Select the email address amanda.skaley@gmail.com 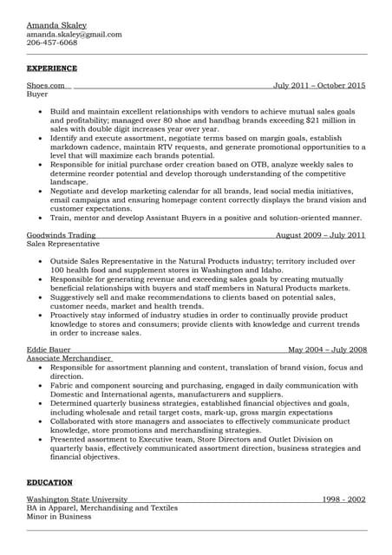click(74, 35)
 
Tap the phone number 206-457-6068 click(52, 42)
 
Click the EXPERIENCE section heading click(52, 68)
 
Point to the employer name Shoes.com click(46, 86)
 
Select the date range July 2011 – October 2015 click(319, 86)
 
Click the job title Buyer click(37, 94)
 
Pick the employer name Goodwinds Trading click(61, 235)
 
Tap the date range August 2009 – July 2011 click(320, 235)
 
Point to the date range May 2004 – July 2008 click(327, 349)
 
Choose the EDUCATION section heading click(49, 482)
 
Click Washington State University click(77, 499)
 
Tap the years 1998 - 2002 click(343, 499)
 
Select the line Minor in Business click(59, 516)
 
